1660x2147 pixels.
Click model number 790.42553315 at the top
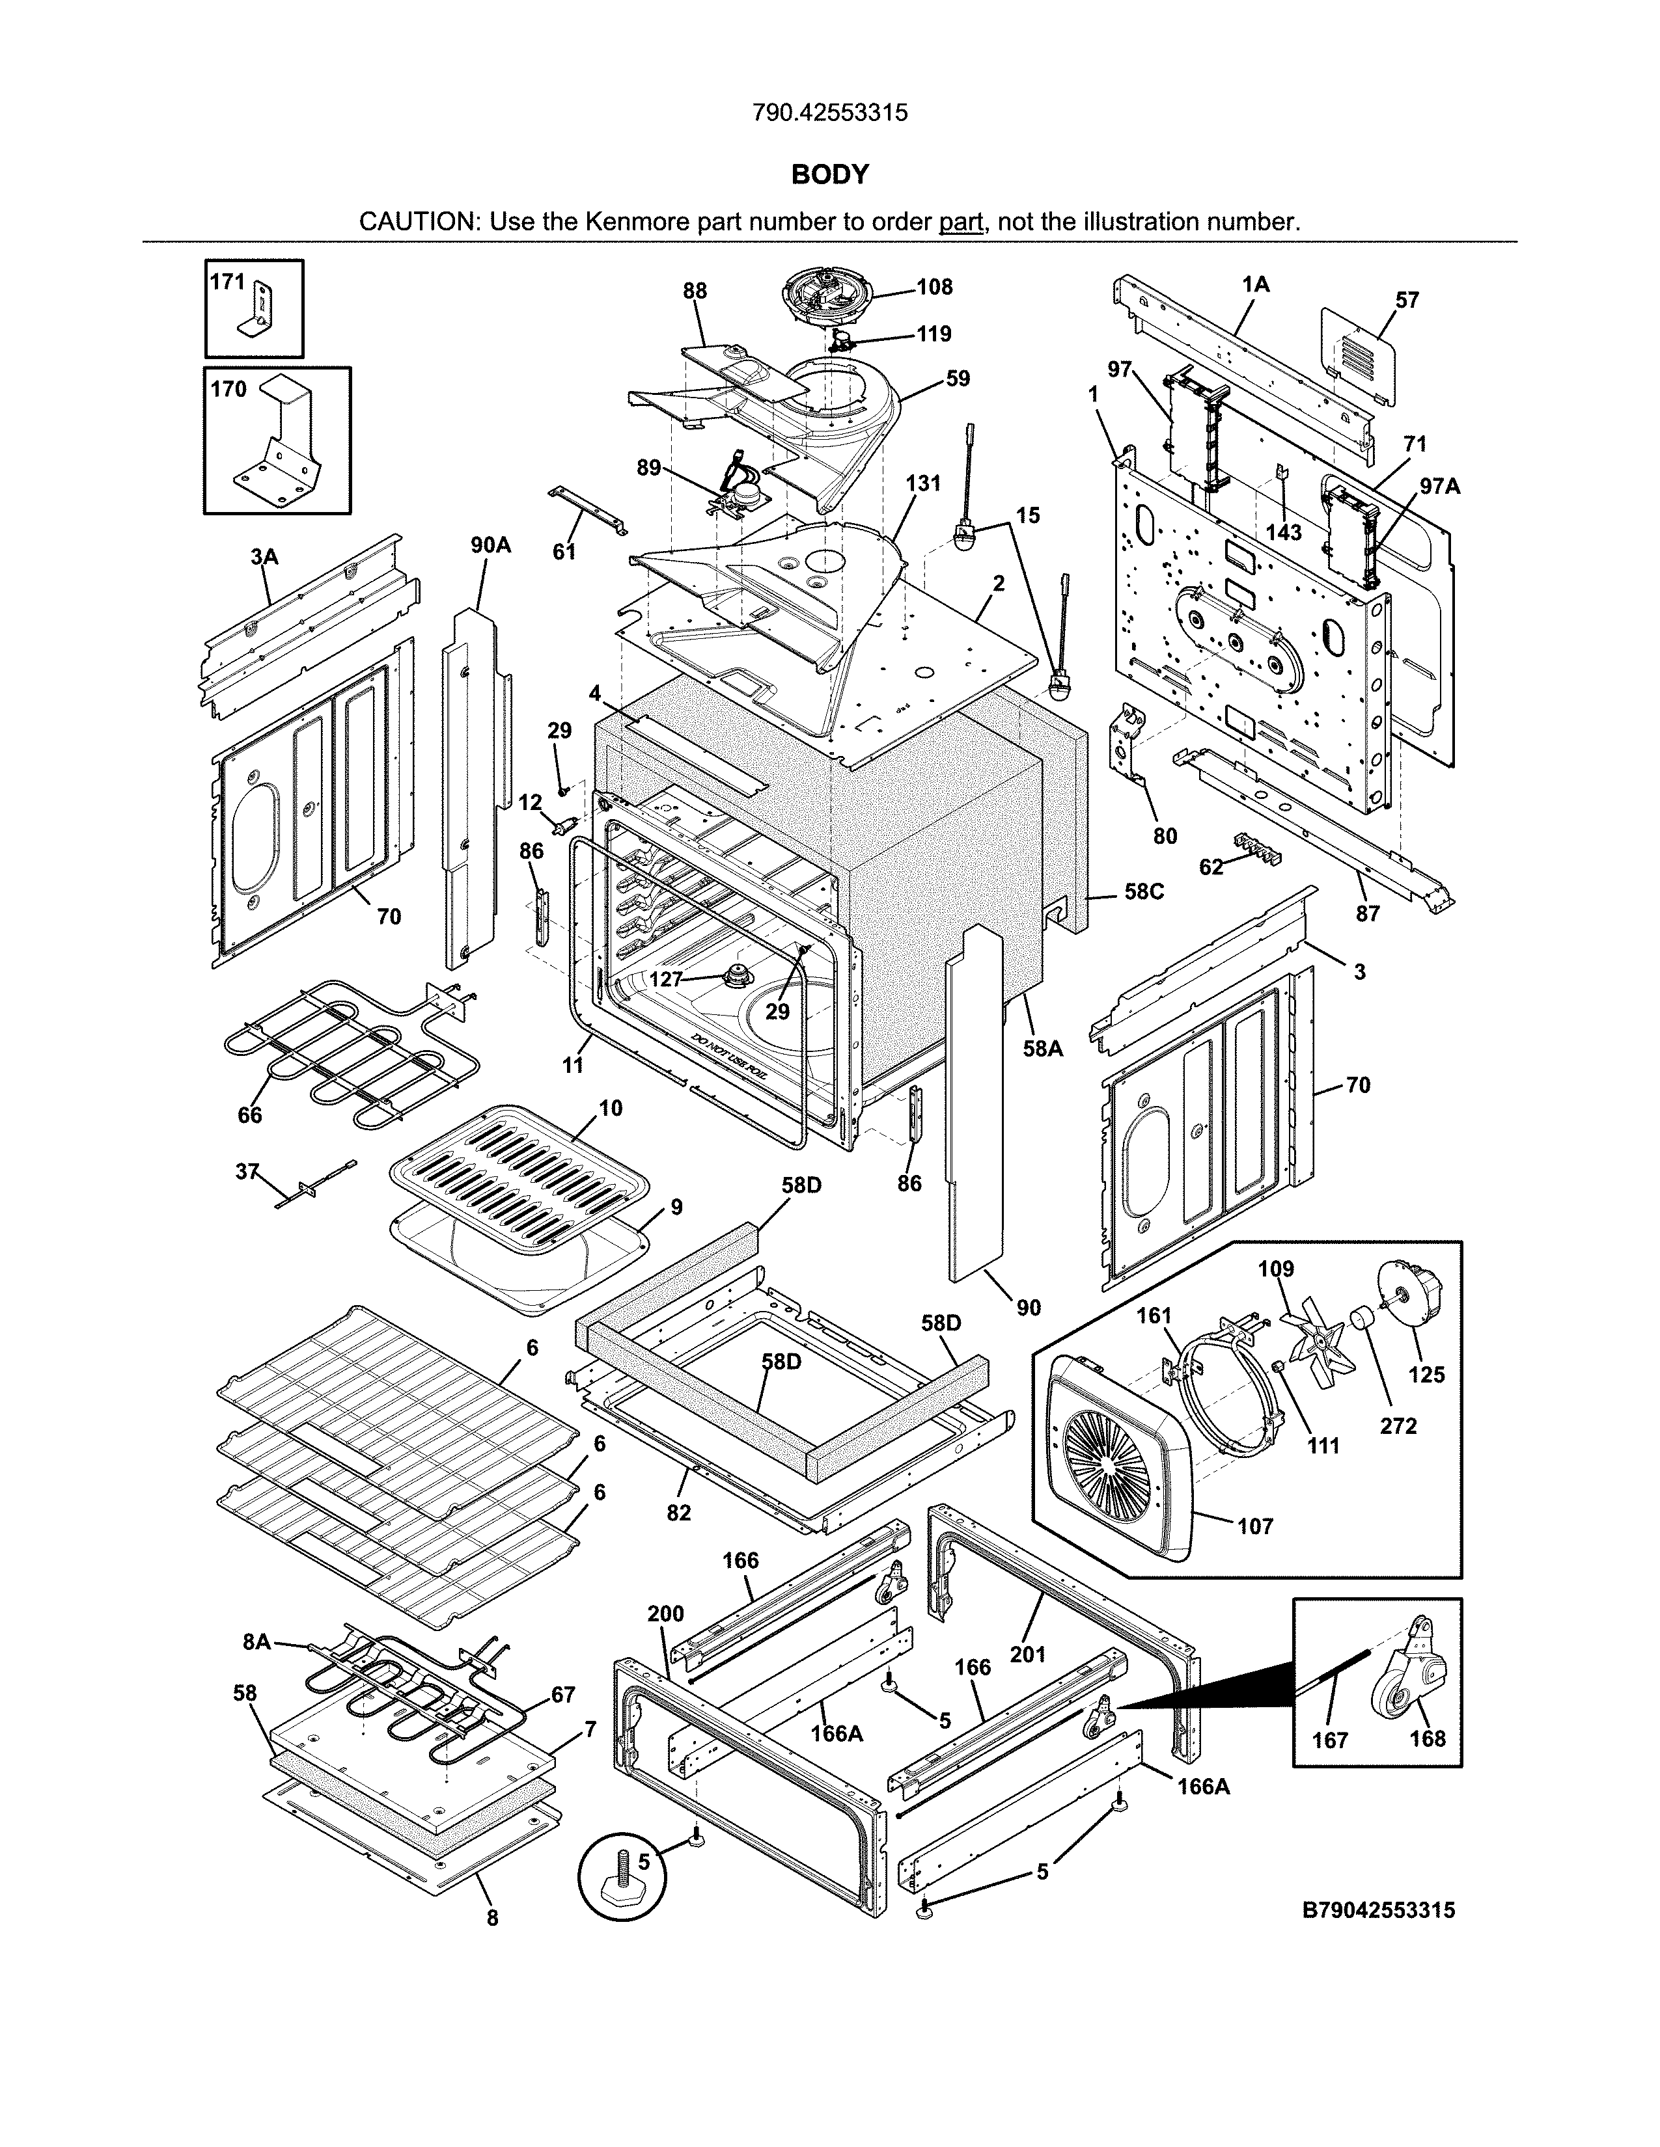tap(830, 113)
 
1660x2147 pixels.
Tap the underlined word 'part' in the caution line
tap(961, 221)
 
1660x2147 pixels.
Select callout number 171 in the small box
tap(227, 282)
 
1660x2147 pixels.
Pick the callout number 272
tap(1398, 1425)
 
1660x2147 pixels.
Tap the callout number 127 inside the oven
tap(666, 979)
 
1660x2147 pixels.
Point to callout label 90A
tap(491, 545)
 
